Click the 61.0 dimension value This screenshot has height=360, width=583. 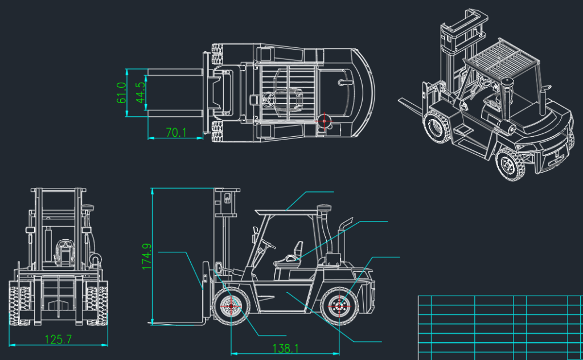pyautogui.click(x=122, y=93)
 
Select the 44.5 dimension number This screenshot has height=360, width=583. pyautogui.click(x=141, y=93)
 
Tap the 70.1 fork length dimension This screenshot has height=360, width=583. pyautogui.click(x=176, y=132)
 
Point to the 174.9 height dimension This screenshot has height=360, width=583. pyautogui.click(x=147, y=256)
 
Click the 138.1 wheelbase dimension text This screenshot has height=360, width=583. pyautogui.click(x=286, y=349)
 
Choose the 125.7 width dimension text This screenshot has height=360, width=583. pyautogui.click(x=58, y=339)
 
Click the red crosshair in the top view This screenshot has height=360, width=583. pyautogui.click(x=324, y=121)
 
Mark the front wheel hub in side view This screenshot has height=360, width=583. pyautogui.click(x=231, y=306)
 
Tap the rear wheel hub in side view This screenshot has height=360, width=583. pyautogui.click(x=339, y=306)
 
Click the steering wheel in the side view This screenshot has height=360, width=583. pyautogui.click(x=268, y=244)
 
